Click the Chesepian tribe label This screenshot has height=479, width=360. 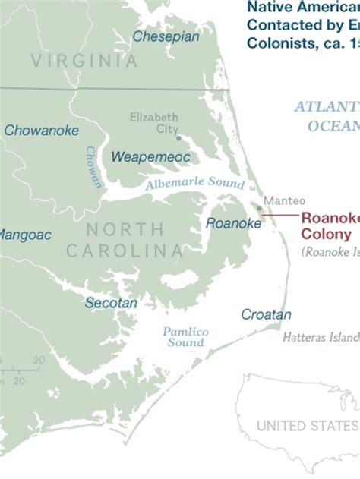coord(166,36)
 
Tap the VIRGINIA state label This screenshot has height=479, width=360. coord(84,61)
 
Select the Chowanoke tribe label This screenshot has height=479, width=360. coord(41,131)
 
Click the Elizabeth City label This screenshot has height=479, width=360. coord(154,123)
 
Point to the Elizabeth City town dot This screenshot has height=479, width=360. coord(178,138)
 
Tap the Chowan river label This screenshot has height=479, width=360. coord(93,167)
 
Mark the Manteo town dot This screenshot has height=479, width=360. coord(259,208)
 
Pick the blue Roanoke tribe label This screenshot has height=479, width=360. coord(233,223)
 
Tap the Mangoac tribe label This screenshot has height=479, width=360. coord(24,235)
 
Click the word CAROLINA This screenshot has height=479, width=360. coord(124,251)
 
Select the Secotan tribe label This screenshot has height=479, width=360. coord(111,303)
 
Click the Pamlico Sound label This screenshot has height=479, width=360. coord(185,337)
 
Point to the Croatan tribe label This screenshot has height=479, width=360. coord(266,314)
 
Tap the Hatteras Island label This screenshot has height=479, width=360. coord(321,337)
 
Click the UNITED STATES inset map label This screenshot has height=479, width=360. coord(307,426)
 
